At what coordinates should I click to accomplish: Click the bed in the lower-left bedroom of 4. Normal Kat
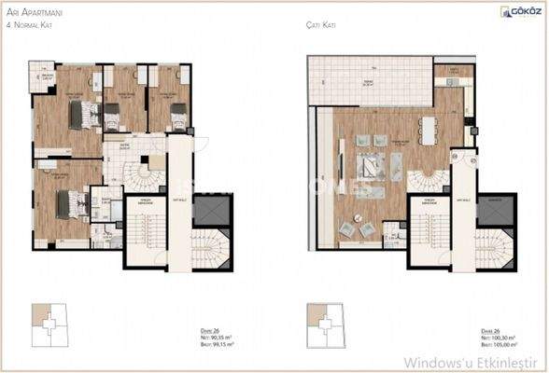point(68,203)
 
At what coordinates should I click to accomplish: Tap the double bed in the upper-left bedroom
point(85,114)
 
